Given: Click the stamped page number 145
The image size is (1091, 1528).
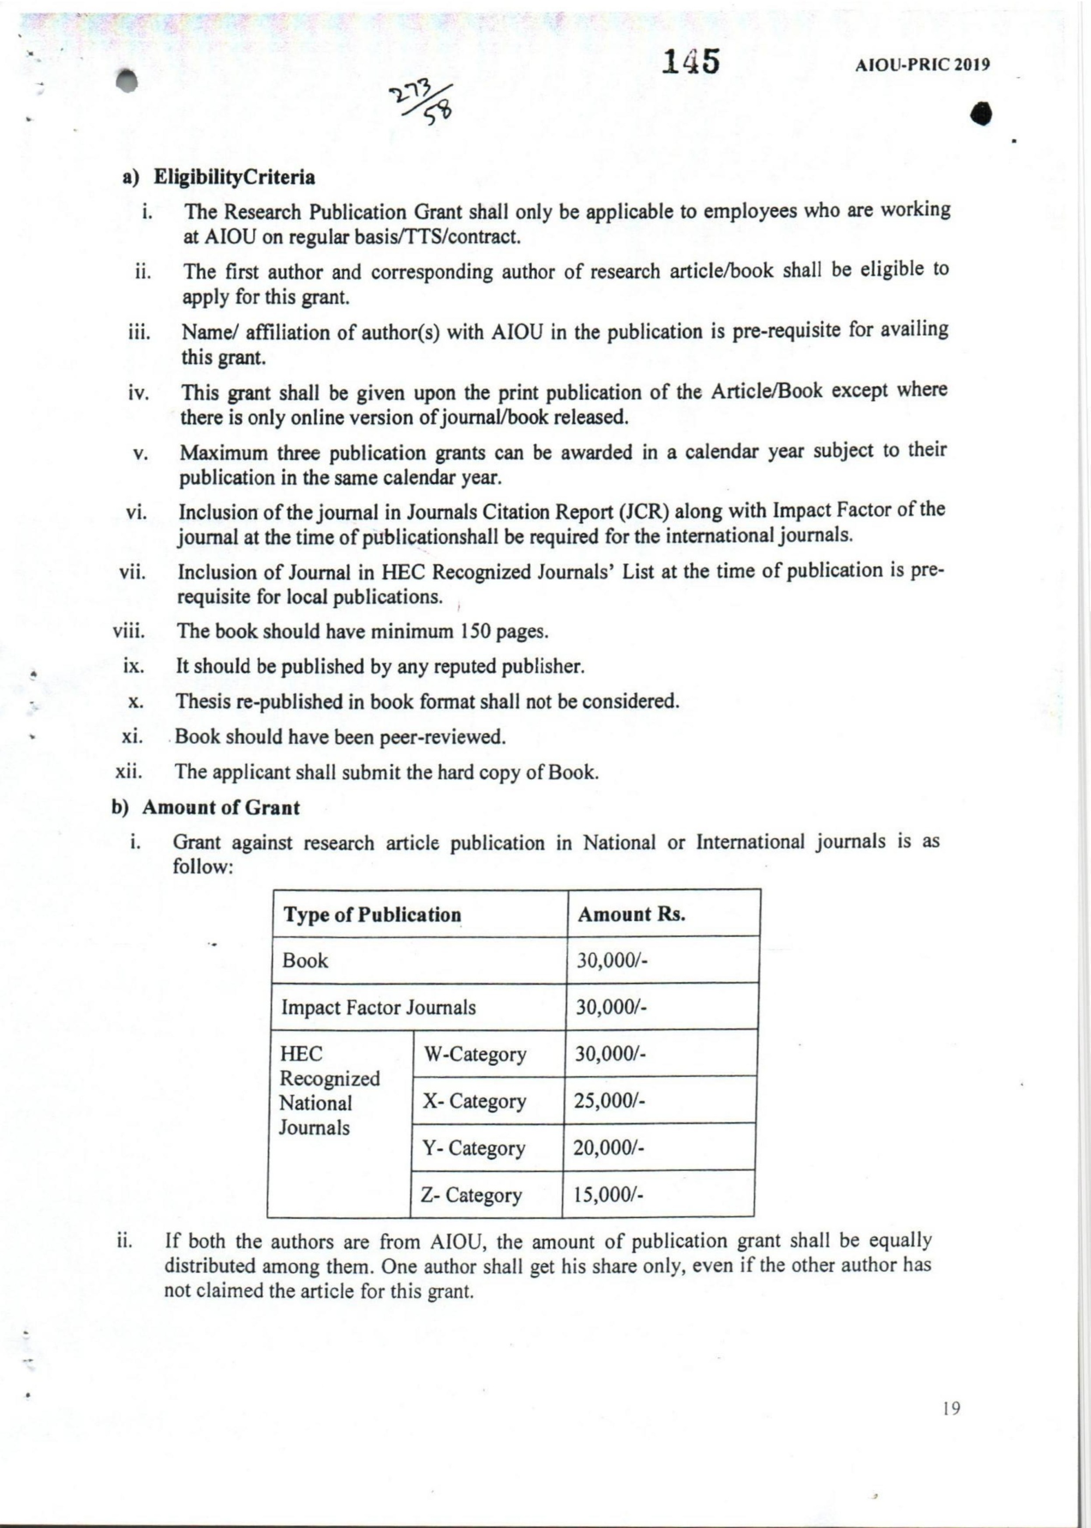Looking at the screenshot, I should click(x=690, y=63).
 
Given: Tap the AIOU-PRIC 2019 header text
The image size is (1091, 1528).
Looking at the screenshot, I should click(x=922, y=65).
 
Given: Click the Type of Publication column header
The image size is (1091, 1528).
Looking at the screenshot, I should click(x=372, y=915).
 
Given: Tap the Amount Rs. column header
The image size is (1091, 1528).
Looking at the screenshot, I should click(x=632, y=914).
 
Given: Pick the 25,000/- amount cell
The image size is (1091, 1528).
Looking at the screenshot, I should click(x=609, y=1101).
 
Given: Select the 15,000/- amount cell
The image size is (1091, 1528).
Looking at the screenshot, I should click(x=608, y=1195).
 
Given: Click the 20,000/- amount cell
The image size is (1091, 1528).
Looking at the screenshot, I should click(x=608, y=1148).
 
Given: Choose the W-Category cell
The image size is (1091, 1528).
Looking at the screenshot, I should click(x=474, y=1054).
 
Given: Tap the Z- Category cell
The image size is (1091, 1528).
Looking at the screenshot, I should click(x=471, y=1195).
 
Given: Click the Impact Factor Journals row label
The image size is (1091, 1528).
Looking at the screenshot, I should click(x=378, y=1007).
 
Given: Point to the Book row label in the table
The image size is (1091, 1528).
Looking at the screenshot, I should click(x=305, y=961).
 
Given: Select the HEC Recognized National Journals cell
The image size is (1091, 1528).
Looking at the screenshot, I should click(x=329, y=1090).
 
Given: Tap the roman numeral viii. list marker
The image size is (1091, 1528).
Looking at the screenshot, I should click(x=130, y=631).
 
